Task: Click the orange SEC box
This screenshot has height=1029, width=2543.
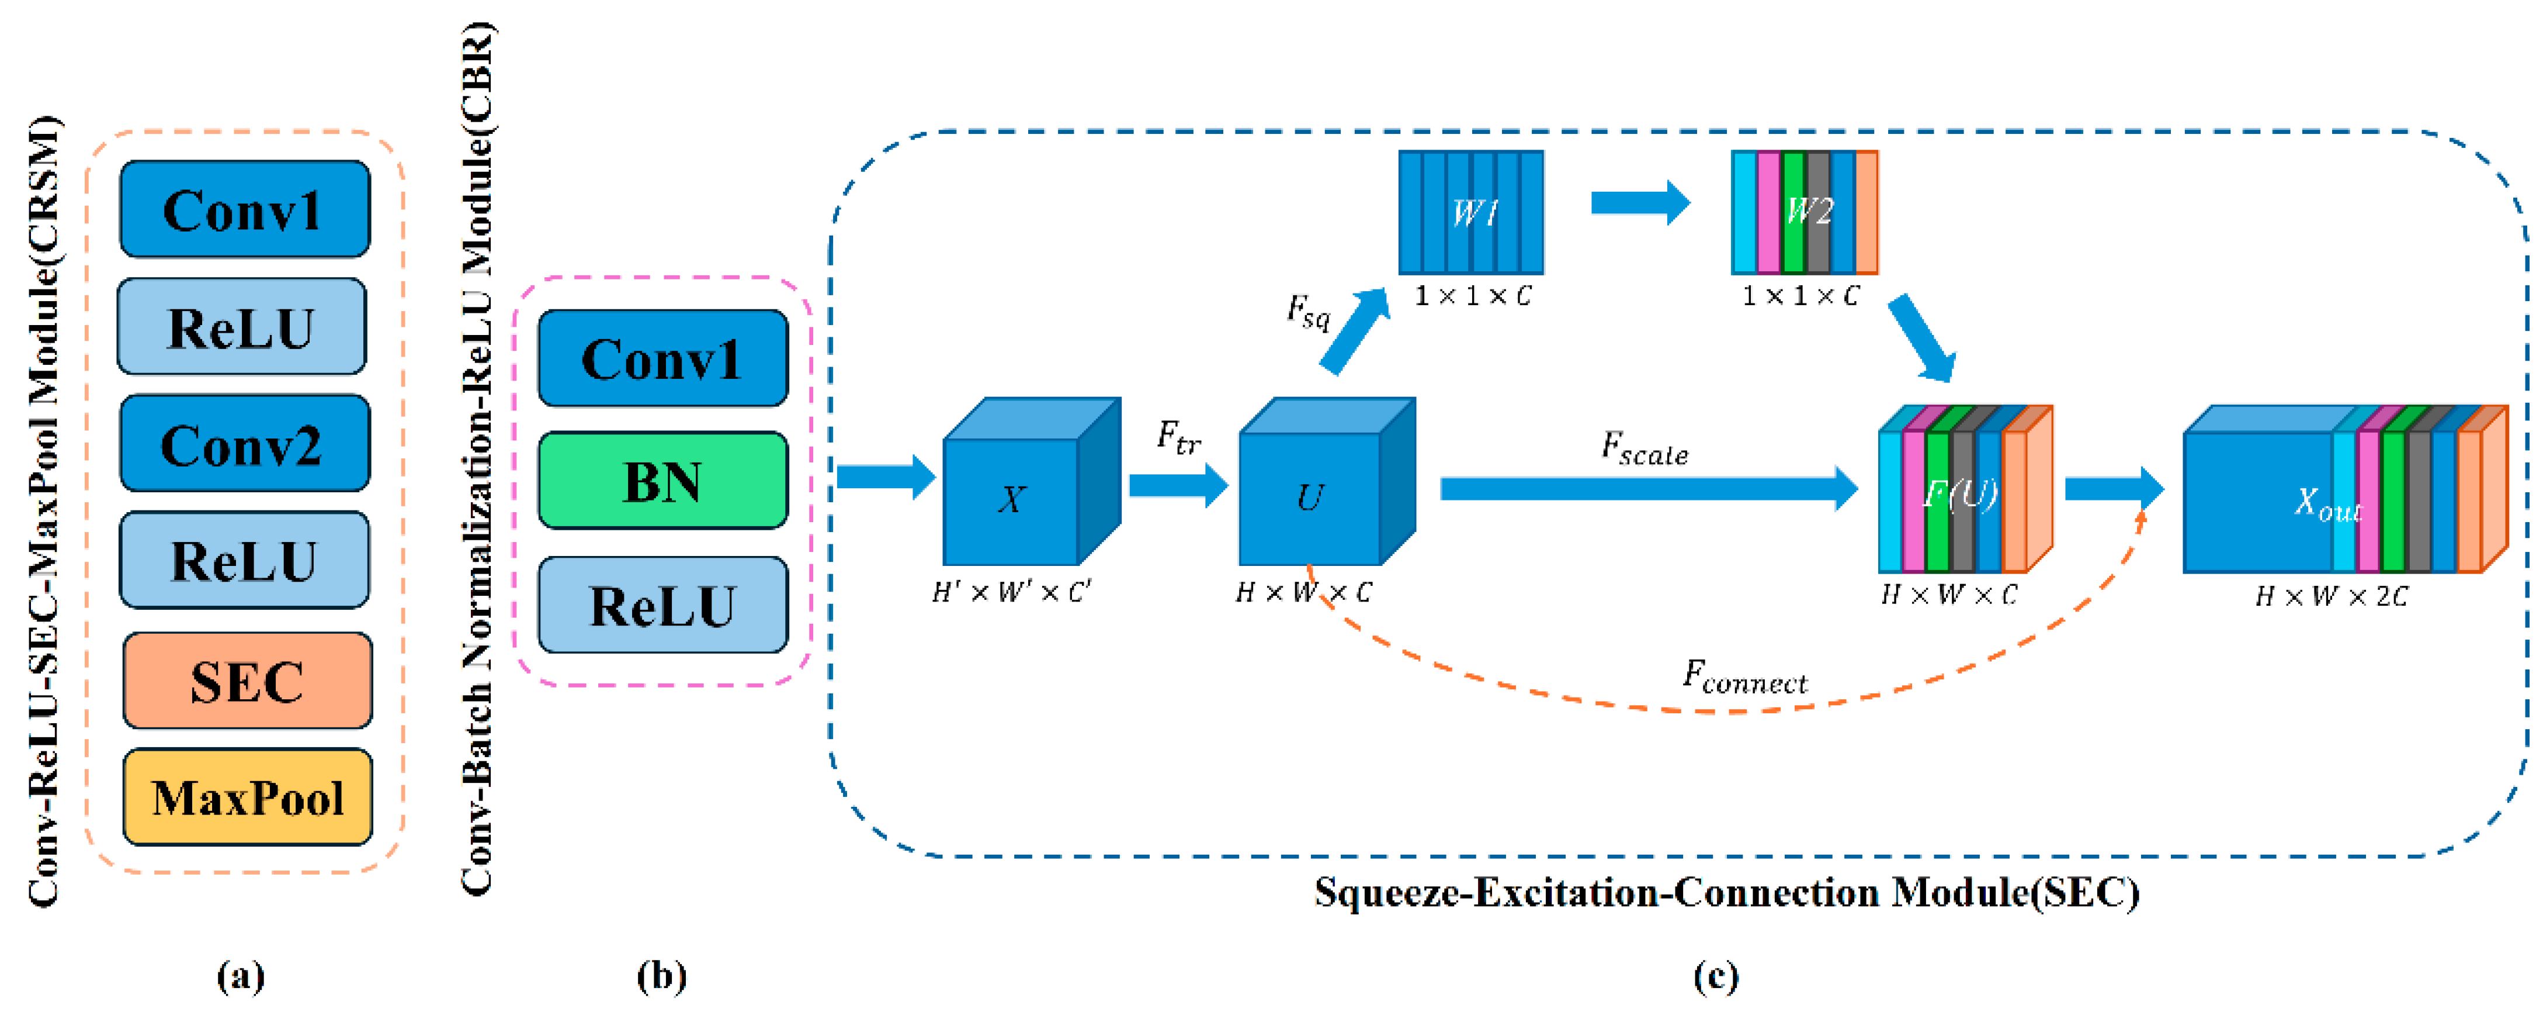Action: tap(247, 681)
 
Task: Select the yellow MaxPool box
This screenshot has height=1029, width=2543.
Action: tap(247, 797)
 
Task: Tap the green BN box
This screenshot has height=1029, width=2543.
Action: tap(662, 481)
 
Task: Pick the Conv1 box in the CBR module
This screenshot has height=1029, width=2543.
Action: tap(662, 358)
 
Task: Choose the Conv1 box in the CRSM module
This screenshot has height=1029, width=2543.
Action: tap(244, 209)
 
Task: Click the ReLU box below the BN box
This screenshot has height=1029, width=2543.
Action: tap(662, 605)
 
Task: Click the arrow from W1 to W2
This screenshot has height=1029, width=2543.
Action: tap(1639, 202)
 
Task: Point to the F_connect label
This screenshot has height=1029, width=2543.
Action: tap(1744, 678)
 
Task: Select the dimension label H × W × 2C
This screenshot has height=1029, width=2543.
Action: tap(2332, 596)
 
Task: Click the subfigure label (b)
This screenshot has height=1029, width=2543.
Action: tap(661, 976)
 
